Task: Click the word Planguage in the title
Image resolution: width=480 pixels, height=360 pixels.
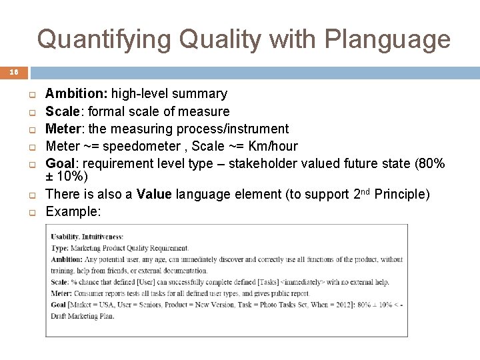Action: click(387, 39)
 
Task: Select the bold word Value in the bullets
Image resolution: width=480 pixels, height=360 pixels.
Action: click(154, 195)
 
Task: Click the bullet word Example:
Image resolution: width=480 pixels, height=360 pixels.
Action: click(73, 211)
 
